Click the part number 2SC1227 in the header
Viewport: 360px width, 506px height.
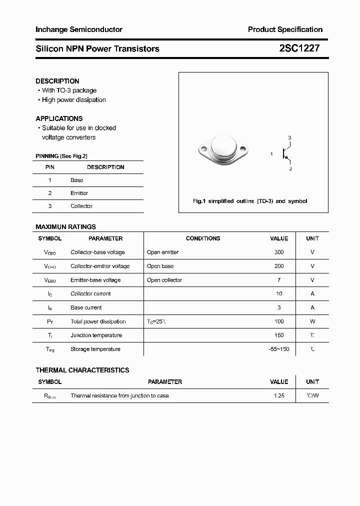(299, 48)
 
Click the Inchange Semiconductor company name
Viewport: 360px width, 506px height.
(79, 29)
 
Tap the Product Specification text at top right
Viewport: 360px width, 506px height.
(285, 29)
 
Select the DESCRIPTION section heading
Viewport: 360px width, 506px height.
(57, 81)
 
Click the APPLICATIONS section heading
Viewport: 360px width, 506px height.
(59, 118)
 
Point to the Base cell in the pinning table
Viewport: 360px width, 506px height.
(77, 180)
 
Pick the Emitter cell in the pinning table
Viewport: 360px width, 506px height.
(79, 193)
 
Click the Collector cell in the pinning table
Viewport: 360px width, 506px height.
(81, 206)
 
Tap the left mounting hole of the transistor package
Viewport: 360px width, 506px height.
(203, 148)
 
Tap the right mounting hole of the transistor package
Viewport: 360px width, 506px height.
(243, 148)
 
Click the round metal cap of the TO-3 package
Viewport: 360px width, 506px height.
(223, 146)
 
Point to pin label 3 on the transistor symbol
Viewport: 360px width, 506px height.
(289, 137)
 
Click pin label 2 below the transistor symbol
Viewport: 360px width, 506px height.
(290, 169)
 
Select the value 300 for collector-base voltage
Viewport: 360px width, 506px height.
(279, 252)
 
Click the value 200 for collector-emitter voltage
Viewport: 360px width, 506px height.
(279, 266)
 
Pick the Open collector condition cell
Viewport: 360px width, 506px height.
(164, 280)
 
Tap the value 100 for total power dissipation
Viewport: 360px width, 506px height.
(279, 321)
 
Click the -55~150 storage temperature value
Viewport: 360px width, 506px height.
(279, 349)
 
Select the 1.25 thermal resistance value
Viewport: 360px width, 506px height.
(279, 395)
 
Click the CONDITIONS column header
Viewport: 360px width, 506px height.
(203, 238)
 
